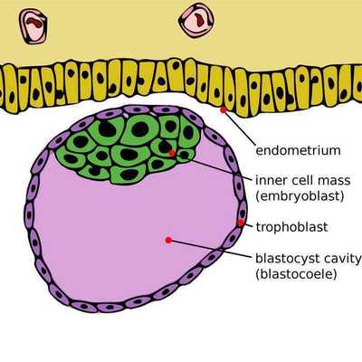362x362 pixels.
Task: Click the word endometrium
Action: [x=298, y=150]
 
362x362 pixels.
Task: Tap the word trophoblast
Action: [x=291, y=226]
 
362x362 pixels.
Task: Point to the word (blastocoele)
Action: [x=296, y=274]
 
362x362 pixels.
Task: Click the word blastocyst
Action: [x=282, y=259]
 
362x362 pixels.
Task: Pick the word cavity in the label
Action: [x=338, y=259]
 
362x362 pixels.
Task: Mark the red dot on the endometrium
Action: [x=224, y=110]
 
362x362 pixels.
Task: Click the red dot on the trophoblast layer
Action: [x=241, y=223]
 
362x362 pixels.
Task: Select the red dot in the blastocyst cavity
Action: [x=168, y=240]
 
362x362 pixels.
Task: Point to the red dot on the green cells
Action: [x=172, y=153]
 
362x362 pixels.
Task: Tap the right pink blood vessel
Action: [x=196, y=21]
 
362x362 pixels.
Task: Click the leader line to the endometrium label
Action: [x=238, y=128]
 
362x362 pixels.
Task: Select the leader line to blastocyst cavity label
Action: [x=210, y=249]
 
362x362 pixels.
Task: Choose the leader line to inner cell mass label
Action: [x=213, y=167]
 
